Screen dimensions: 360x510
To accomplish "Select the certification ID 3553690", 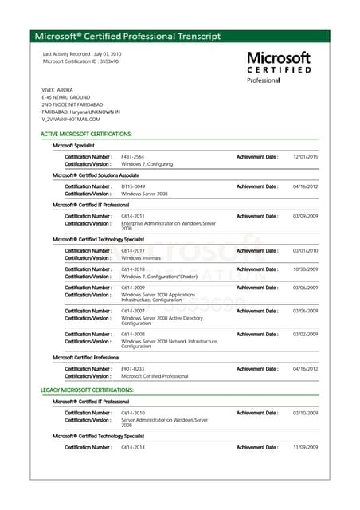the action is (108, 61).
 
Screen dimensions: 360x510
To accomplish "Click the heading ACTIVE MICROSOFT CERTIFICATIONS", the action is (86, 135).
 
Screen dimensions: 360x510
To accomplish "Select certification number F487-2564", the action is (132, 157).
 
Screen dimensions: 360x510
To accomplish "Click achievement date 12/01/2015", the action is (305, 157).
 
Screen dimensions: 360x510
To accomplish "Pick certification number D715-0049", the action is (133, 186).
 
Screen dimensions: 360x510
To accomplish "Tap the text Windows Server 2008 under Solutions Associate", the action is (144, 194).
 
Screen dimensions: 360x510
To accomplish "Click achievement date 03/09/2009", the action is (305, 216).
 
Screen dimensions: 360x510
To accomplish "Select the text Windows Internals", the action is (141, 258).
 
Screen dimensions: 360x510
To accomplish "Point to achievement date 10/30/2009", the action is (305, 269).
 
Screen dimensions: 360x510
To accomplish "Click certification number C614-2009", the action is (133, 288).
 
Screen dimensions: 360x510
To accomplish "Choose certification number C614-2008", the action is (133, 334).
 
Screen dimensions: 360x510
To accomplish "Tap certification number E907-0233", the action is (132, 369).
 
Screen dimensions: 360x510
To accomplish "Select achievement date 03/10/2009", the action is (305, 413).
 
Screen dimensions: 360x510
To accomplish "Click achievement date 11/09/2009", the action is (305, 448).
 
